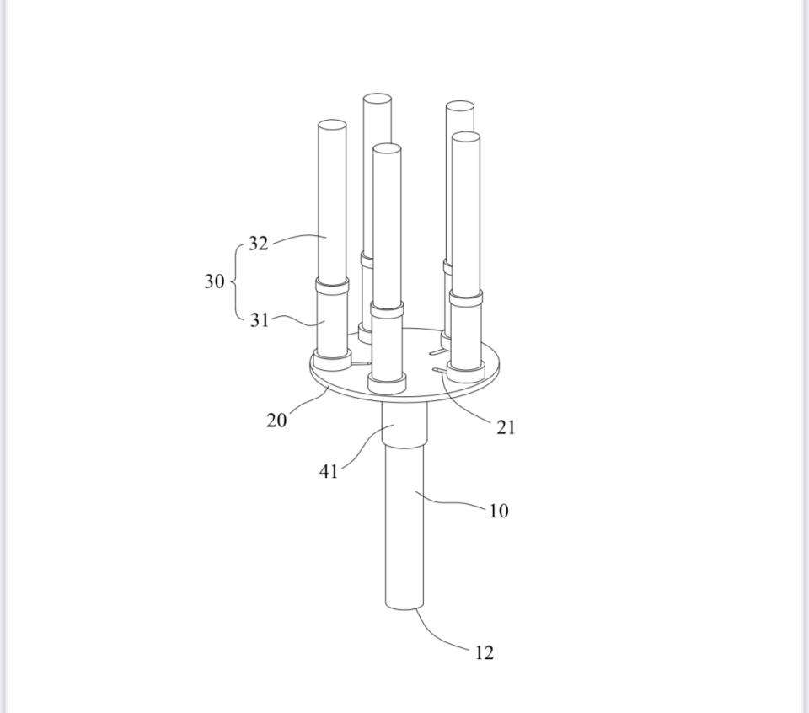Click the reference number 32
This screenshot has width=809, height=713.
pyautogui.click(x=259, y=243)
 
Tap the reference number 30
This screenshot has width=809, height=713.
pyautogui.click(x=215, y=281)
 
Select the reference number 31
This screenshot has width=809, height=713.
pyautogui.click(x=260, y=320)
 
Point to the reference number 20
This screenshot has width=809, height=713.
pyautogui.click(x=276, y=421)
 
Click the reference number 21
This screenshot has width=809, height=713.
pyautogui.click(x=506, y=427)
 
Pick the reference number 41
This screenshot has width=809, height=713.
pyautogui.click(x=329, y=471)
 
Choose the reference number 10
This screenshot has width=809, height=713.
pyautogui.click(x=498, y=511)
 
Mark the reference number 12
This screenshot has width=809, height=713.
pyautogui.click(x=484, y=652)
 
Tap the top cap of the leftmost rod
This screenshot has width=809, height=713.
pyautogui.click(x=332, y=126)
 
